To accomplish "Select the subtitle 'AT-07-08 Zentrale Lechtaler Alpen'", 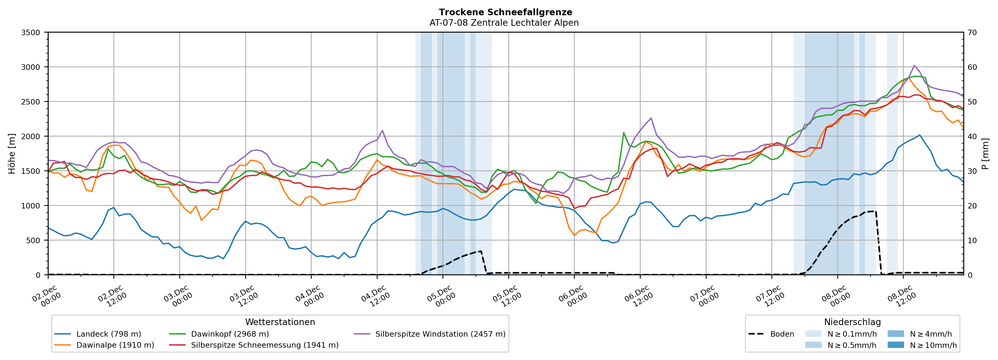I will (x=504, y=23).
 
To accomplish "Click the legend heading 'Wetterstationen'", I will (x=280, y=322).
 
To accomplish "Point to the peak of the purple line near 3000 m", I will (x=914, y=65).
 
